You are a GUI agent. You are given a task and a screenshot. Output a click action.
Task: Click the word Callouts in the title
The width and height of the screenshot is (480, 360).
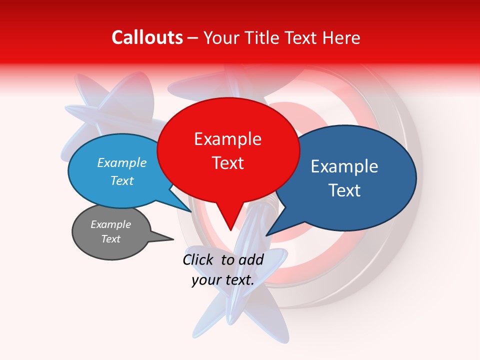[x=147, y=38]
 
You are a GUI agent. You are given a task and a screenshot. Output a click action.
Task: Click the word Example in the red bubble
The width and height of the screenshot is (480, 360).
[x=228, y=139]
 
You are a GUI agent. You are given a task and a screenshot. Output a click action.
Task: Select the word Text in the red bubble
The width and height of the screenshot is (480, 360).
[x=228, y=163]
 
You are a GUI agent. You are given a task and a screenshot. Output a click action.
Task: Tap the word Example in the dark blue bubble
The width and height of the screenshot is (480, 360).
[x=344, y=166]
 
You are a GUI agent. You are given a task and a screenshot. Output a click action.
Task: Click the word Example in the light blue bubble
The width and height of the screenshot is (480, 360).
[x=122, y=163]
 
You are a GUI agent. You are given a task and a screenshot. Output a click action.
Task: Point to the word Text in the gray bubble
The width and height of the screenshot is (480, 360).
[x=111, y=239]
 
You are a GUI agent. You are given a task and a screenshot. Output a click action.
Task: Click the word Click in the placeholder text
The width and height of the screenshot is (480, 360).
[x=198, y=259]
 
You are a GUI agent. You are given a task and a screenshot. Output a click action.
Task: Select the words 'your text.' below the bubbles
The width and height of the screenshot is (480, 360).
[x=223, y=280]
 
